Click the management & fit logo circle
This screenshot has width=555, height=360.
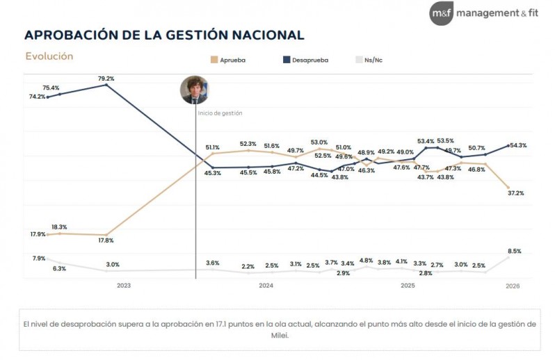point(442,13)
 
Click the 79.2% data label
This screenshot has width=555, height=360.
point(106,78)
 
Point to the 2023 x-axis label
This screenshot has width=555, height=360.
point(124,286)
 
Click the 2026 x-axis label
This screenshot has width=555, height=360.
point(512,286)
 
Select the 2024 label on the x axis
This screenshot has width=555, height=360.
point(266,286)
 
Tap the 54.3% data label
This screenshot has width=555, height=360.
point(518,145)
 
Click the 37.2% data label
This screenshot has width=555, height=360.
point(515,193)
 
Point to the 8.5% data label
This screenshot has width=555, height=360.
point(515,251)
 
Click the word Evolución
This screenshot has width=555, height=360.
point(49,56)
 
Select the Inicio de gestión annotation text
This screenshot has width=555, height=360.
point(220,113)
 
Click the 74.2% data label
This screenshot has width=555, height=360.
point(37,97)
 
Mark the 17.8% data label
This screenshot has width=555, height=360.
point(106,240)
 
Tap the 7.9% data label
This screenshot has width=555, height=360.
point(39,259)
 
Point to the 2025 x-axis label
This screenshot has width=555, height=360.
point(407,286)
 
